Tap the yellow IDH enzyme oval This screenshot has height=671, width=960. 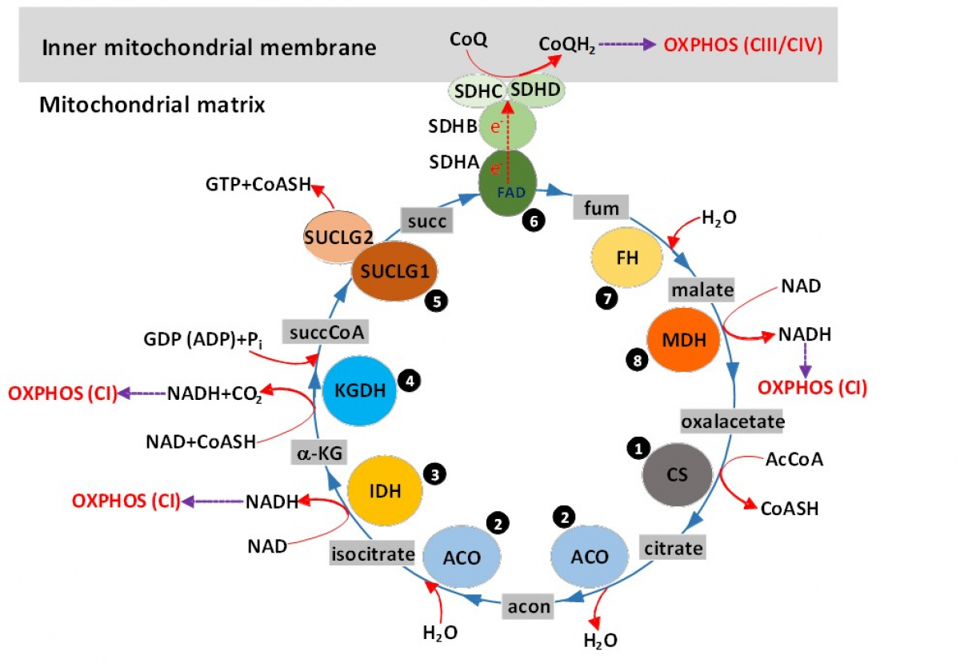coord(386,487)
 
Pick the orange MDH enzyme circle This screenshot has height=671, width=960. coord(683,340)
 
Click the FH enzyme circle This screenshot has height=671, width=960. coord(626,259)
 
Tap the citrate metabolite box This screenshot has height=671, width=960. coord(673,548)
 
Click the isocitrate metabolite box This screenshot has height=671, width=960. coord(373,553)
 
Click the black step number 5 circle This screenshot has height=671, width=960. coord(437,302)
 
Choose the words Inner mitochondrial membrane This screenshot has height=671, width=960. coord(210,47)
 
